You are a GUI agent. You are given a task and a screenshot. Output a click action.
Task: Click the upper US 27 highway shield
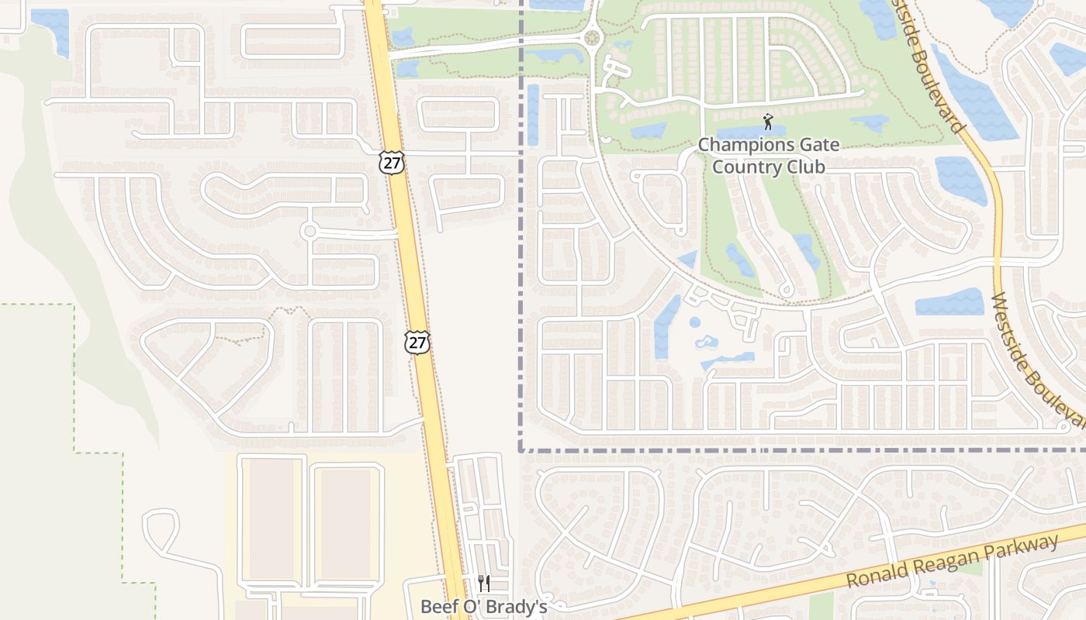click(x=393, y=162)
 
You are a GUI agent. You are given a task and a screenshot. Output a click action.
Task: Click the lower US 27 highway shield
click(x=417, y=342)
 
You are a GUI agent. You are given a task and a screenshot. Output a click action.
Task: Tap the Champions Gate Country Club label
click(x=768, y=155)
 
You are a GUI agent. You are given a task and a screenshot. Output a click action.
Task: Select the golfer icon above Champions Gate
click(x=768, y=122)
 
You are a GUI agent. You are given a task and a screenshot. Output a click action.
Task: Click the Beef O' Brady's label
click(x=484, y=606)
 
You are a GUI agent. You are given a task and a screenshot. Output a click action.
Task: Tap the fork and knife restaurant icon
click(x=484, y=584)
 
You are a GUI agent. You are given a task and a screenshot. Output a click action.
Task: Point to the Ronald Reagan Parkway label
click(x=953, y=562)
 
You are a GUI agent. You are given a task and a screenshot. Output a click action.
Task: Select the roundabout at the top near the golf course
click(x=593, y=37)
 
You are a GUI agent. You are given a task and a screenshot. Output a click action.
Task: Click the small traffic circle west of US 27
click(x=310, y=231)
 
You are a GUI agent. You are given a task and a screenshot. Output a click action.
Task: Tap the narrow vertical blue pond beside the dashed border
click(x=533, y=115)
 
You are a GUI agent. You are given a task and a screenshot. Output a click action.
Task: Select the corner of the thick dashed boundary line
click(x=521, y=449)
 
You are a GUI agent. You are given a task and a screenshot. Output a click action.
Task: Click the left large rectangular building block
click(x=271, y=518)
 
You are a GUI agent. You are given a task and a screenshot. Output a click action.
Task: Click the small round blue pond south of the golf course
click(x=694, y=322)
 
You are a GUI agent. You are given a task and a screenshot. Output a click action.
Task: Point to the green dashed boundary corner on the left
click(x=74, y=305)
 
